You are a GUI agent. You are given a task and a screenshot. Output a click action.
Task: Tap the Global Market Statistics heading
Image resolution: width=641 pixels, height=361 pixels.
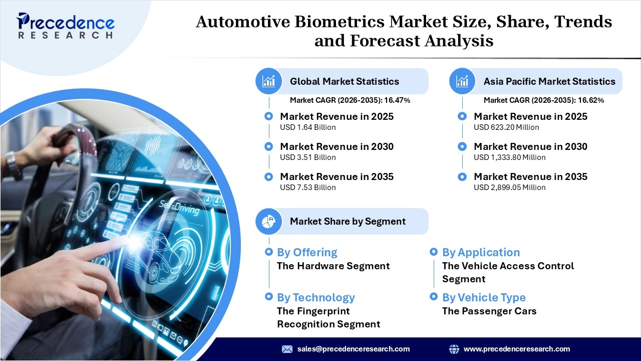coord(344,81)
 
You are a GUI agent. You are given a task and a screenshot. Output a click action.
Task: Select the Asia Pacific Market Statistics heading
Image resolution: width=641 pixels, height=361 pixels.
coord(549,81)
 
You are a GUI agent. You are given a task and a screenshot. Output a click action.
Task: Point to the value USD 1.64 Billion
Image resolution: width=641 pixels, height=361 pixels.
coord(307,127)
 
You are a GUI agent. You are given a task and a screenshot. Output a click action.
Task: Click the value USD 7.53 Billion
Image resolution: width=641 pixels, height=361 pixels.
coord(307,188)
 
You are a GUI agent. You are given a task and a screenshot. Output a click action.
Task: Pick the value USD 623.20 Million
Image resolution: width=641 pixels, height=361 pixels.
coord(506,127)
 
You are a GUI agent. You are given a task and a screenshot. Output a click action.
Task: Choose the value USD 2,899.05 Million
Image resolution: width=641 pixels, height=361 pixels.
coord(509,188)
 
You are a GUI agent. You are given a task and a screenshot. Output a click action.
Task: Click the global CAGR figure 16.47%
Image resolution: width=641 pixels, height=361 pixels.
coord(397,100)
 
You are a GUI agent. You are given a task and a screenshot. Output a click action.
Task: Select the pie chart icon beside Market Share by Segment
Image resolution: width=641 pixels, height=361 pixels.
coord(269,221)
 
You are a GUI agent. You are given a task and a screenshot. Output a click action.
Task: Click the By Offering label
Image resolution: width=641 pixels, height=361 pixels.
coord(307,252)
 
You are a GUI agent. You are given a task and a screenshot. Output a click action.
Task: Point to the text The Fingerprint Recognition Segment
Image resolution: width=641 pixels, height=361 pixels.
coord(329,317)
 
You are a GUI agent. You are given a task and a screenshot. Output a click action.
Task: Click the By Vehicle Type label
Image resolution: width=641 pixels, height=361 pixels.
coord(484,297)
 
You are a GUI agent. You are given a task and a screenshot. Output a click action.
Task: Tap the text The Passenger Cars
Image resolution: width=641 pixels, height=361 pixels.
coord(489,311)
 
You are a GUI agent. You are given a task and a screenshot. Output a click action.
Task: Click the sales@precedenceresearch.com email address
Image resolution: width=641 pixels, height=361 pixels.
coord(353,349)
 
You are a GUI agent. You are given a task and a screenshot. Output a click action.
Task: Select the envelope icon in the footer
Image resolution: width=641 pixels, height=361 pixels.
coord(287,349)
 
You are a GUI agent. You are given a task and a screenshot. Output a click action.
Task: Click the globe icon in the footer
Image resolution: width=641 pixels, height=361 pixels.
coord(454,349)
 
